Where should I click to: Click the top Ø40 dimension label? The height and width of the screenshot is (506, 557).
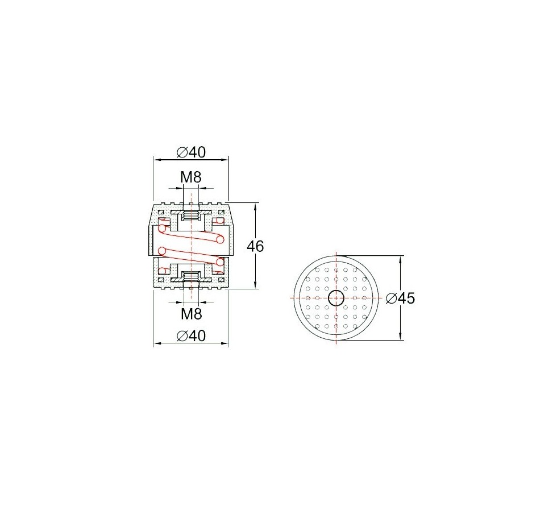[x=191, y=152]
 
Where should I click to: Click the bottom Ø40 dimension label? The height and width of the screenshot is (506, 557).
[x=191, y=335]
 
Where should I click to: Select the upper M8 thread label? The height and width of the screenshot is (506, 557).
[x=191, y=177]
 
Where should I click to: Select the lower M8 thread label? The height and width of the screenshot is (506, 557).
[x=191, y=314]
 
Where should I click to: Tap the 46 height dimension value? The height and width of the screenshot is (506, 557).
[x=255, y=246]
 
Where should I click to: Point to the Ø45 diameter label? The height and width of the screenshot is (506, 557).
[x=400, y=298]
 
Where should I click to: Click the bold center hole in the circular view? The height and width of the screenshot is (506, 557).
[x=336, y=298]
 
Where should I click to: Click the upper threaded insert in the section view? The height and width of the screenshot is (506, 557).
[x=191, y=215]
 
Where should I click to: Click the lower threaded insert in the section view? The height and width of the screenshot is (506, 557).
[x=191, y=276]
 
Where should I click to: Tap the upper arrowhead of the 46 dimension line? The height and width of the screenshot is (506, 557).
[x=255, y=206]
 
